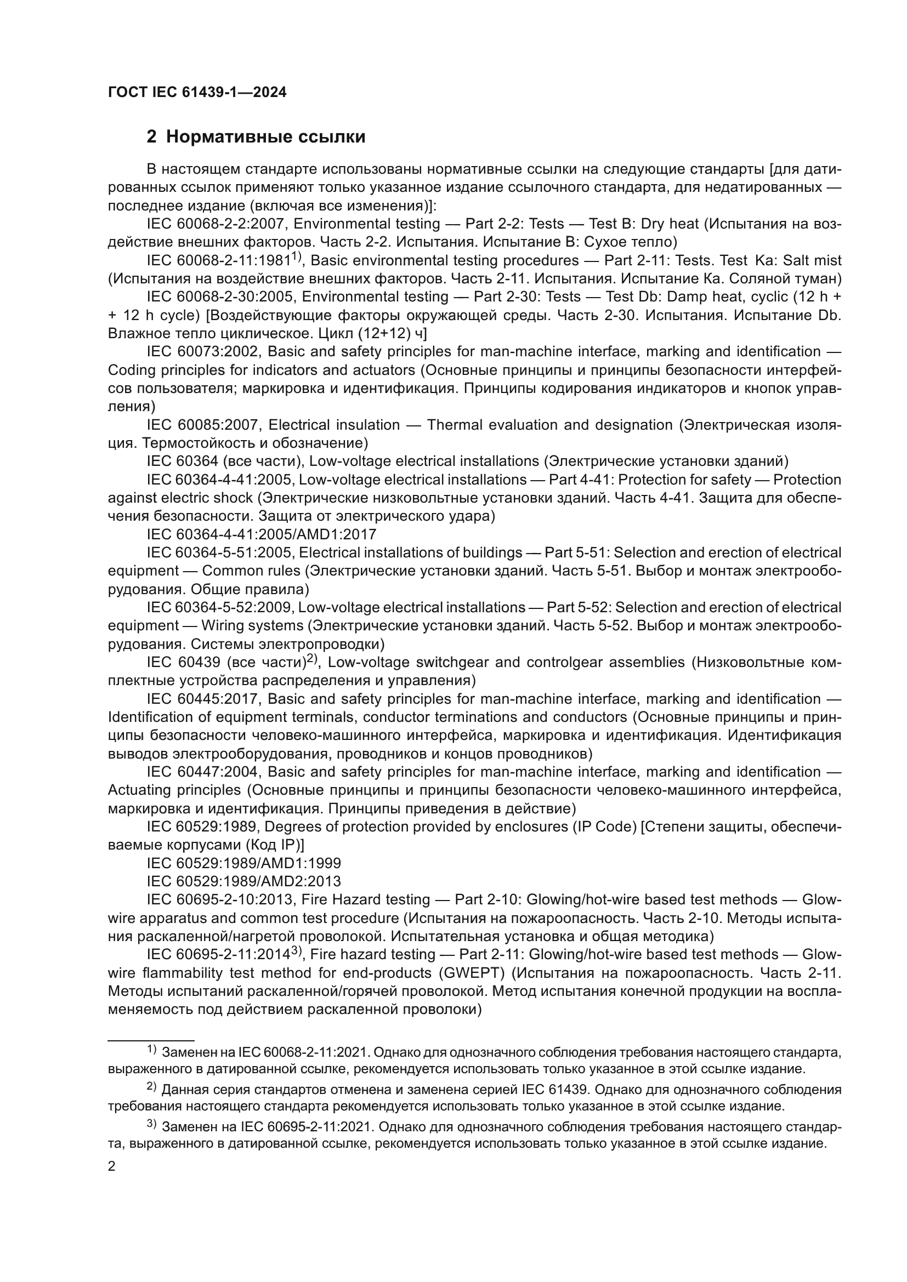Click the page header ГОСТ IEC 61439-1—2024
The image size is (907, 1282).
197,93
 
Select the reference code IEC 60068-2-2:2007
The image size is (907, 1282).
217,224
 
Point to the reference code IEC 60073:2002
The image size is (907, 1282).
203,352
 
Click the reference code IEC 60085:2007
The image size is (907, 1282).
203,425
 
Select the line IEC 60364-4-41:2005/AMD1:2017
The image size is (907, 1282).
262,534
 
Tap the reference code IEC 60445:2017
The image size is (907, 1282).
203,699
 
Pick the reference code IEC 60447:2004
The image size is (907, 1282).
203,772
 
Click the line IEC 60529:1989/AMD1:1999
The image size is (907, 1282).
243,863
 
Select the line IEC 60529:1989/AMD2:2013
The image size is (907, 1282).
243,882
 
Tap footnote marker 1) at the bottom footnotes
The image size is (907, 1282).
151,1050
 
